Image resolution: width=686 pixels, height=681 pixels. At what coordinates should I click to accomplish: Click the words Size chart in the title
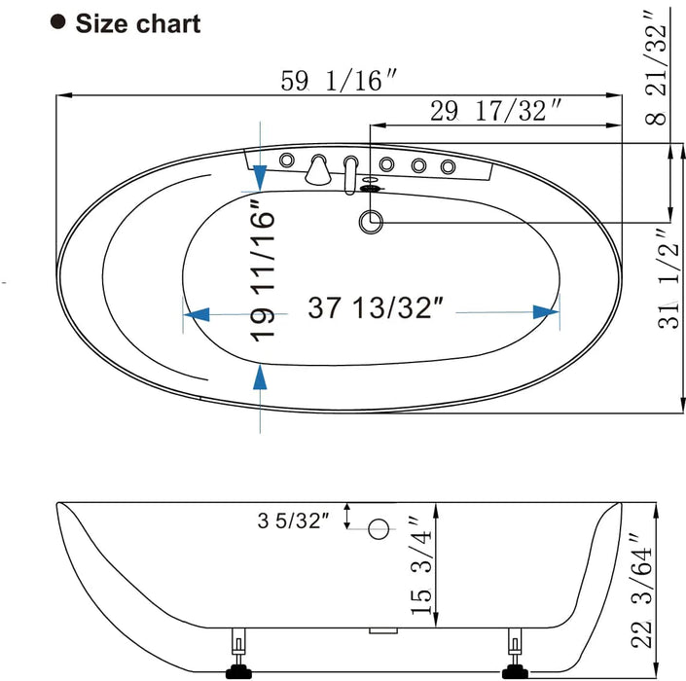[x=138, y=23]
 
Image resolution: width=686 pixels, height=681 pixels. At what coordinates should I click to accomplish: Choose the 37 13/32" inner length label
[x=376, y=309]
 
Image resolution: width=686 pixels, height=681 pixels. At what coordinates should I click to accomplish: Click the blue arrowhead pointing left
[x=197, y=314]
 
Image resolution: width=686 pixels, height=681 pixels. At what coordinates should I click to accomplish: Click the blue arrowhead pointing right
[x=546, y=312]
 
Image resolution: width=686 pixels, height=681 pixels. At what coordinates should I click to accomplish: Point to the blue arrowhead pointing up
[x=260, y=376]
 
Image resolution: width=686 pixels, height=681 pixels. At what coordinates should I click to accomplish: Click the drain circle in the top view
[x=371, y=222]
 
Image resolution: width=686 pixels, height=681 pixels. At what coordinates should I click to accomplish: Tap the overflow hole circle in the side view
[x=379, y=528]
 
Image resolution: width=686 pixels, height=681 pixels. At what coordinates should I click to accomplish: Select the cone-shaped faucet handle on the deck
[x=316, y=171]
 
